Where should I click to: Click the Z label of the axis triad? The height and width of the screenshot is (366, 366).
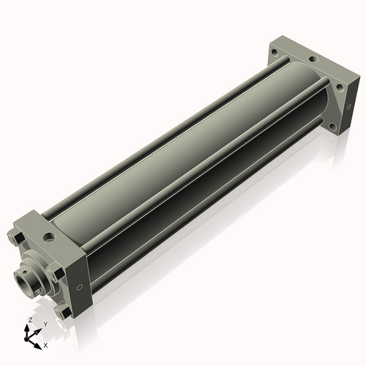(29, 321)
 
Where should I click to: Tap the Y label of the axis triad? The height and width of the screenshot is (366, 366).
(45, 324)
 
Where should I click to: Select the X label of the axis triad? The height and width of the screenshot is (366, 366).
(45, 344)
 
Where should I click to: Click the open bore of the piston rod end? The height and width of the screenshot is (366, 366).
(23, 280)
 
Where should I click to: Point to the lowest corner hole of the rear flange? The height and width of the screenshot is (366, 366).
(339, 86)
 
